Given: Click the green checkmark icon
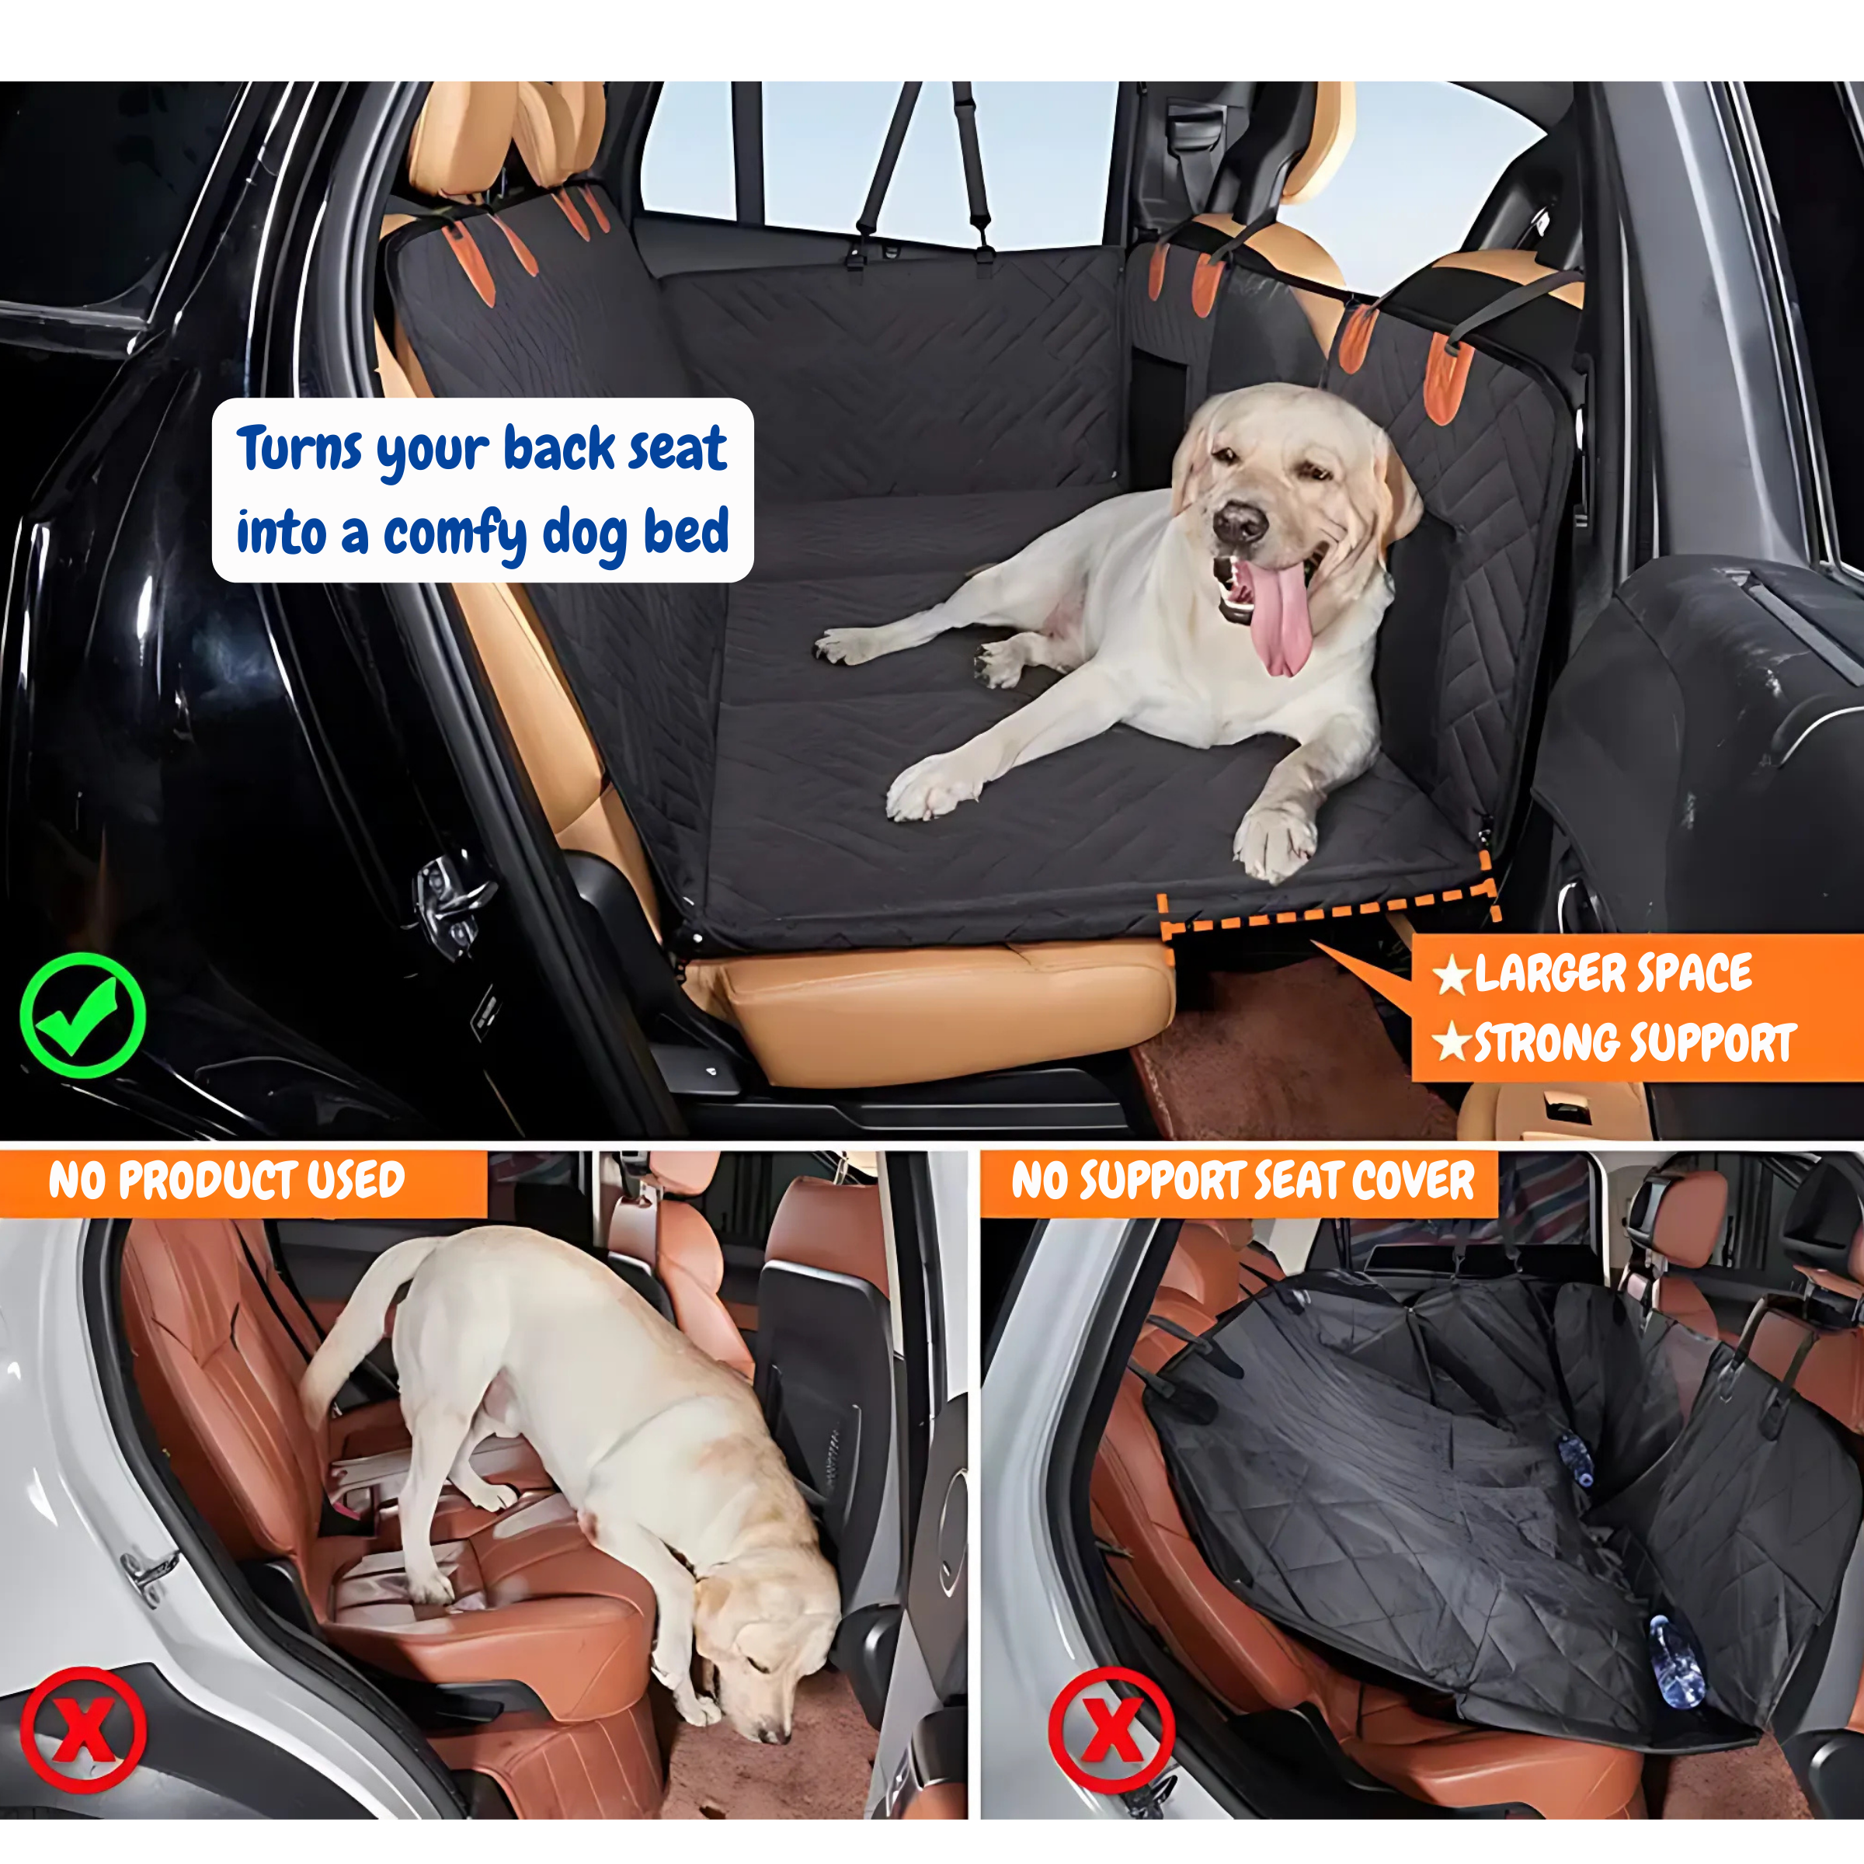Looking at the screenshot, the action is (x=83, y=1014).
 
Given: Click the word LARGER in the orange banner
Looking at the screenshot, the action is (x=1546, y=973).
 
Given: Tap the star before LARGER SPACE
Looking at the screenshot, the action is (x=1451, y=975).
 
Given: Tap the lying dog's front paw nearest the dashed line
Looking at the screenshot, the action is (x=1275, y=841).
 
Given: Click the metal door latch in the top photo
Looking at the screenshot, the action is (x=450, y=904).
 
